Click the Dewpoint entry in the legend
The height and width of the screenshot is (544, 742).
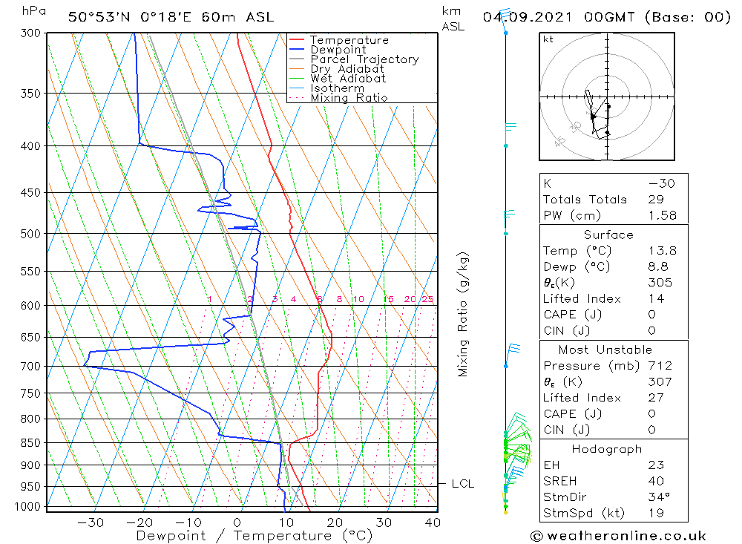point(338,50)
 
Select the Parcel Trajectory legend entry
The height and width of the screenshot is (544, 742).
point(364,59)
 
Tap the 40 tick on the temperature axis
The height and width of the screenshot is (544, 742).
point(433,522)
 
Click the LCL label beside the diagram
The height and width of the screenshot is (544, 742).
point(463,484)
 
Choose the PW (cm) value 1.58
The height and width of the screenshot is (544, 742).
point(662,215)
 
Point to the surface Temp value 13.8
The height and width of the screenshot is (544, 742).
point(662,251)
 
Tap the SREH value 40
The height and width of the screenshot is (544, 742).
point(656,481)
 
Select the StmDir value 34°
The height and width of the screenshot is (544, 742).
point(657,497)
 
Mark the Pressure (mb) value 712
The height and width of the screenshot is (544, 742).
point(659,366)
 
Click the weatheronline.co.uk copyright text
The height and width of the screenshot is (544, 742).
point(618,535)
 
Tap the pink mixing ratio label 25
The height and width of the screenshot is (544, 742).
point(427,299)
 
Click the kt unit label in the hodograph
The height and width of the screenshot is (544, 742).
point(548,39)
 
